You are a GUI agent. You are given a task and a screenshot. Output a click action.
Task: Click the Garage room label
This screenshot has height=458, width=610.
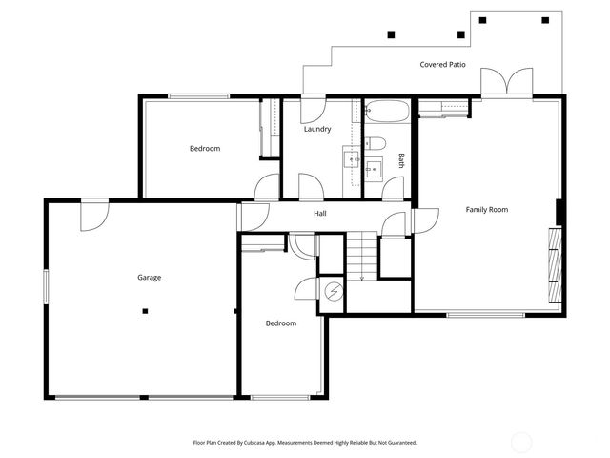(x=149, y=278)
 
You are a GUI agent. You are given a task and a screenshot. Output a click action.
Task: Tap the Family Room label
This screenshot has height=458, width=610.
(x=486, y=209)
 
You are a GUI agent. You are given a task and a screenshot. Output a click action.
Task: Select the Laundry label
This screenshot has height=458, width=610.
(x=317, y=129)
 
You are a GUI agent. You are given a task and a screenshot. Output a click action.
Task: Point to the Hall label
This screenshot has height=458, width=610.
(x=320, y=214)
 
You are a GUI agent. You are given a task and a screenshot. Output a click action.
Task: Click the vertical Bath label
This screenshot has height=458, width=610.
(x=401, y=160)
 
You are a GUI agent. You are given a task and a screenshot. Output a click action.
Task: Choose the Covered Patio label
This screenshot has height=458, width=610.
(x=443, y=65)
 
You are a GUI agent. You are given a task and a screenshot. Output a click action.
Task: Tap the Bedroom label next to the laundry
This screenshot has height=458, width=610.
(x=204, y=148)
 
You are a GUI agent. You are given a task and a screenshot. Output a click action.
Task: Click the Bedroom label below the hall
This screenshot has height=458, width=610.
(x=280, y=323)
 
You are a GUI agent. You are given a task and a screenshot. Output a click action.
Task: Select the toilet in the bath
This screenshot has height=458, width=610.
(x=376, y=144)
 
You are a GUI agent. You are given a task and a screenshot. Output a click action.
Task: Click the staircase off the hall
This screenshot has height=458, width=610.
(x=361, y=257)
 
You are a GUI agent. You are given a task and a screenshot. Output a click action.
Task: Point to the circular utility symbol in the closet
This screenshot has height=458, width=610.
(x=334, y=290)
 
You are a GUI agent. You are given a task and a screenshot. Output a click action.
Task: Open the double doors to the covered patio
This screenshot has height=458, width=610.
(x=504, y=84)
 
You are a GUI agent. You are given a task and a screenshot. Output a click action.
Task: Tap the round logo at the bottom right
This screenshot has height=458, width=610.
(x=522, y=442)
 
